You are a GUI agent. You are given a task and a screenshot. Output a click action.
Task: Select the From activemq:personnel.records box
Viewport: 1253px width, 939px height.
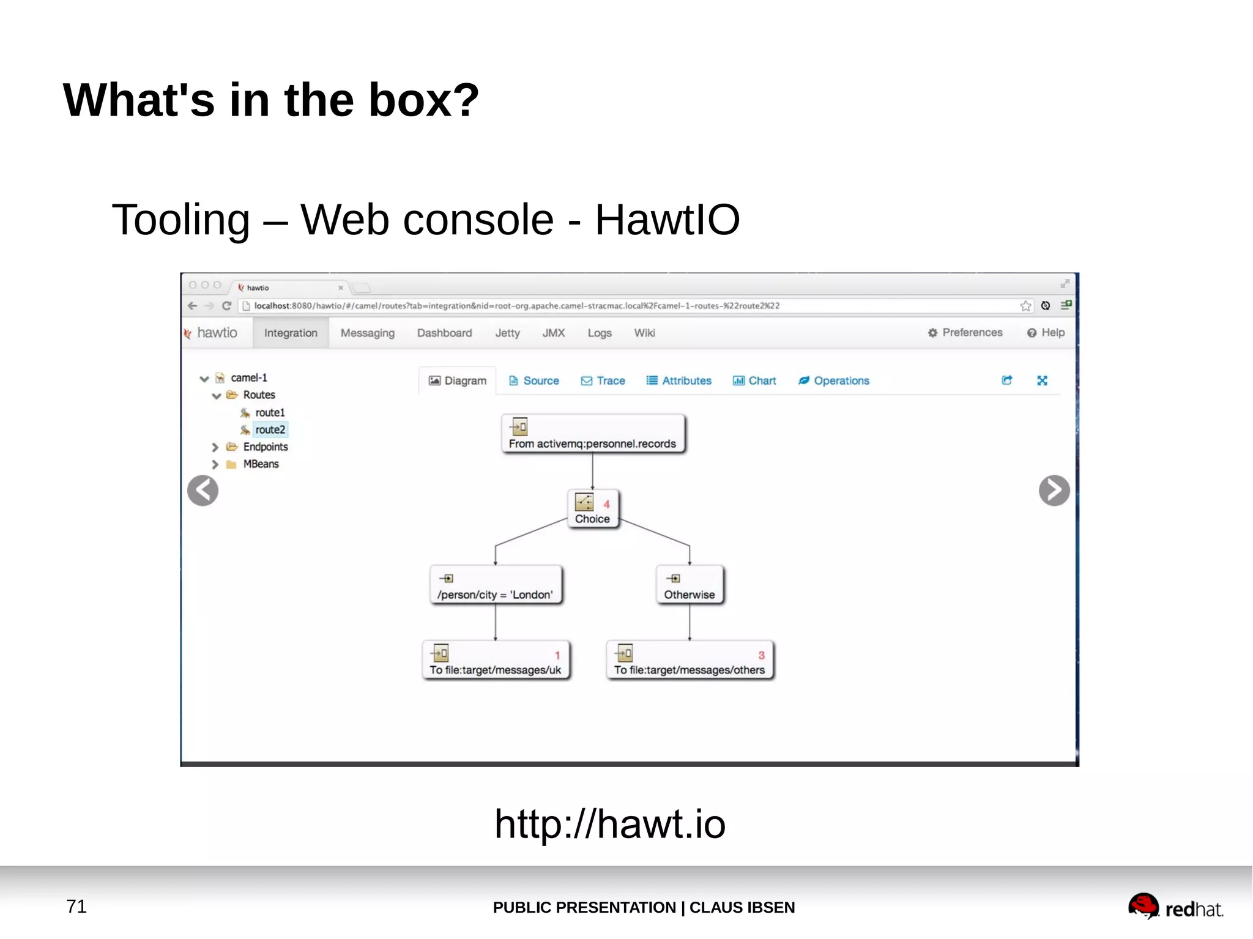pos(592,434)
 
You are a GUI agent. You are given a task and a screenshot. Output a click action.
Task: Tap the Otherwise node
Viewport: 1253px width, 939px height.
pos(689,585)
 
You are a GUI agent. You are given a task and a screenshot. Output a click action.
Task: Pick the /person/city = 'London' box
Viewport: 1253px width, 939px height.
pos(495,585)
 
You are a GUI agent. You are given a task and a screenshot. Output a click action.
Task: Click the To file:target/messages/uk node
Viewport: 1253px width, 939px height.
pos(495,661)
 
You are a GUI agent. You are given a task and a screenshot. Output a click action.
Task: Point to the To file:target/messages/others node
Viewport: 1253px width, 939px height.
pos(689,661)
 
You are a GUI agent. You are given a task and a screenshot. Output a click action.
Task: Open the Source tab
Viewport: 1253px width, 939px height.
pos(534,380)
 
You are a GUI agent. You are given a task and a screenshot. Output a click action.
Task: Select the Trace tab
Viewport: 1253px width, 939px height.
pos(603,380)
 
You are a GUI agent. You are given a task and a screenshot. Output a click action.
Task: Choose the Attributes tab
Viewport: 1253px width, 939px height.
pos(679,380)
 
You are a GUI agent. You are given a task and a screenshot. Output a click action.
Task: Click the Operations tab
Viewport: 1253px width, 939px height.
pos(834,380)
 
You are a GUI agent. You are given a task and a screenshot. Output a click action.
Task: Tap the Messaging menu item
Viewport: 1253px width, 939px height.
pos(367,333)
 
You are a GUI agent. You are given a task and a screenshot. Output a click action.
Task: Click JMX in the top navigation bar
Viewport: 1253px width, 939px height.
pos(553,333)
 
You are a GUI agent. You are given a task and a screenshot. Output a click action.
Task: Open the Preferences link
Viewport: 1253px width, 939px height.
pos(965,333)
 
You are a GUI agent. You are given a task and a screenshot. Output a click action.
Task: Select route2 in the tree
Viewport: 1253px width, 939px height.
pos(270,429)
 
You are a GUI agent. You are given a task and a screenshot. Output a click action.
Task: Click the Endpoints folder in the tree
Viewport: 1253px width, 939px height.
pos(265,447)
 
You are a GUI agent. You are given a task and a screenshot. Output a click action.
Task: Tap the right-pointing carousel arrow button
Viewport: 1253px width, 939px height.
pos(1054,491)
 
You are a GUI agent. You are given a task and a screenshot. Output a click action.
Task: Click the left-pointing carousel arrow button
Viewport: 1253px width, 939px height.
pos(203,491)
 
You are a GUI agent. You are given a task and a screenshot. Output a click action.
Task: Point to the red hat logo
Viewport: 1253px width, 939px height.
pos(1175,907)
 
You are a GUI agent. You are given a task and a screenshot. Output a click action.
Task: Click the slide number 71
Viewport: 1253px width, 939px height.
pos(76,906)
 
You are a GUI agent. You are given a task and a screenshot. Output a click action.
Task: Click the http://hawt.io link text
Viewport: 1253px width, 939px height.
pos(610,823)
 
